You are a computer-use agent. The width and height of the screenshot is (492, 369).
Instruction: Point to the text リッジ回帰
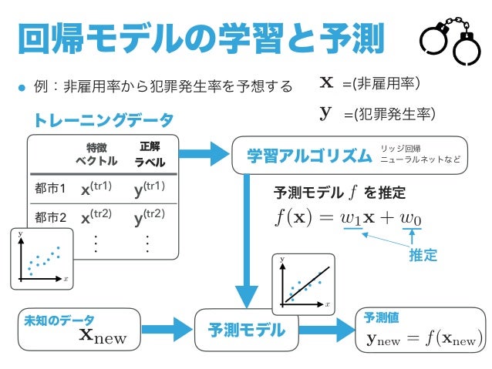tap(400, 148)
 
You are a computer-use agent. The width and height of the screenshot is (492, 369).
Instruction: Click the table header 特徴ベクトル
tap(96, 154)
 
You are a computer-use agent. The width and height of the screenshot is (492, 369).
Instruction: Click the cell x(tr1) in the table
tap(96, 188)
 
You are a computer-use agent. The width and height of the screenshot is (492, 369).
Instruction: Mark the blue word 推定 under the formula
tap(423, 255)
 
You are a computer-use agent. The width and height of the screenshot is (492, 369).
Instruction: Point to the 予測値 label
tap(380, 317)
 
